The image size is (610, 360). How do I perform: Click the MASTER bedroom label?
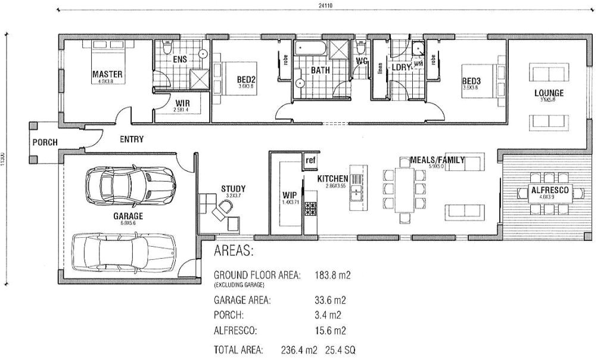click(x=107, y=75)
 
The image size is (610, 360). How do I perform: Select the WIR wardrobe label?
click(x=182, y=102)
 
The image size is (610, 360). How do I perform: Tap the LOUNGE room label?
click(x=548, y=93)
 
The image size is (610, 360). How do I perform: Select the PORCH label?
click(x=44, y=142)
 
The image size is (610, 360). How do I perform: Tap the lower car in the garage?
click(x=124, y=250)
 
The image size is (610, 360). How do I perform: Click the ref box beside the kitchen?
click(x=310, y=160)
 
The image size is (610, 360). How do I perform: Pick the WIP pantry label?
click(x=290, y=195)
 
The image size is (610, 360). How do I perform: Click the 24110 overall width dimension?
click(x=325, y=5)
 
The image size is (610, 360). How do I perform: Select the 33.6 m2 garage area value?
click(x=329, y=301)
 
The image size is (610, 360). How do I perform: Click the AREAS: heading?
click(x=234, y=251)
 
